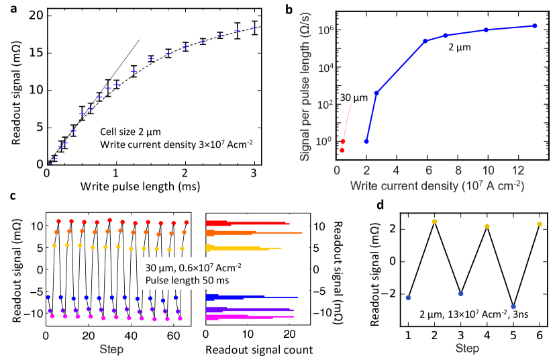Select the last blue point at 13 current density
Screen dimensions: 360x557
point(534,26)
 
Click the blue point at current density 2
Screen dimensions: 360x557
point(366,141)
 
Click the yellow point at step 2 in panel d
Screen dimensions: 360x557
point(435,222)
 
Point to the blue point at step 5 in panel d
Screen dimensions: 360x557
point(513,306)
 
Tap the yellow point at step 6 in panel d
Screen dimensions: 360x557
point(540,224)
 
